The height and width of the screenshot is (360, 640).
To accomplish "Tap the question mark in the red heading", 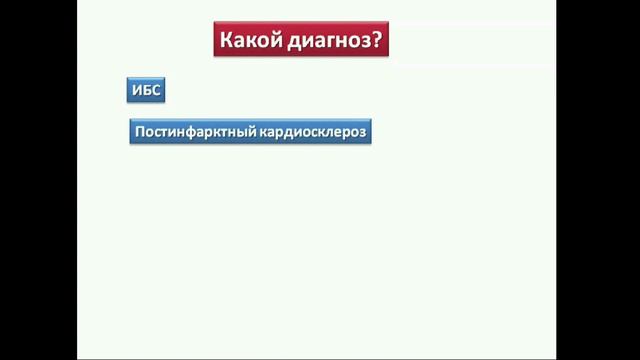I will tap(379, 42).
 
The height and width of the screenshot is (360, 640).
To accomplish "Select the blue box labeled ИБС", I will tap(146, 91).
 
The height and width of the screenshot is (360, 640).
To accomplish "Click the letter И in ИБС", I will tap(138, 91).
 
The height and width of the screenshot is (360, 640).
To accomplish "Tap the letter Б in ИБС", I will tap(146, 91).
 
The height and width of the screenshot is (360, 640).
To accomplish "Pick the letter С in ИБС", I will tap(155, 91).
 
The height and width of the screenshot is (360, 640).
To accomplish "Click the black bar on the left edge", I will tap(38, 180).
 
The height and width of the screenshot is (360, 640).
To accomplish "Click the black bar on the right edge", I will tap(598, 180).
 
